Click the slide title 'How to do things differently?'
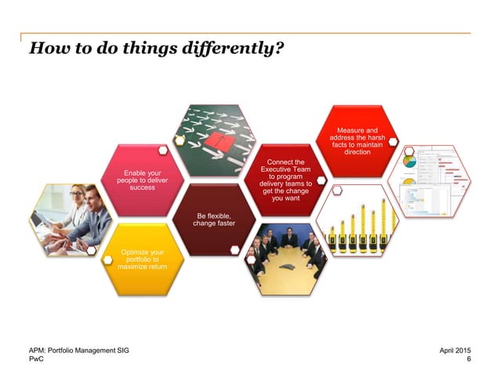156,49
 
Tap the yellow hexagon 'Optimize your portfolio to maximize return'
143,258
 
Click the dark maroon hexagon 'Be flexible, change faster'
213,220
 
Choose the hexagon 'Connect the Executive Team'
285,180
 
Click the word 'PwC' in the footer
36,359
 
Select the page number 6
468,359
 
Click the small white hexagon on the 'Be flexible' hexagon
234,250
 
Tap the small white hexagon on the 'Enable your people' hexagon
162,150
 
